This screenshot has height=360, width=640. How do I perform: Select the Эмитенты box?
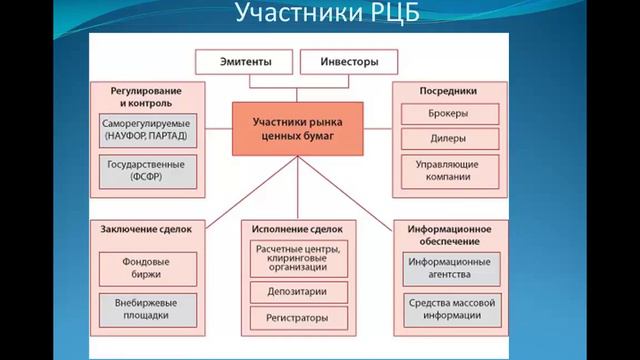pyautogui.click(x=244, y=61)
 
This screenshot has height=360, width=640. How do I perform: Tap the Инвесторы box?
pyautogui.click(x=348, y=61)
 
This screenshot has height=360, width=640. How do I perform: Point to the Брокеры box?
pyautogui.click(x=446, y=114)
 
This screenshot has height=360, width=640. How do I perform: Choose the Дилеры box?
pyautogui.click(x=446, y=140)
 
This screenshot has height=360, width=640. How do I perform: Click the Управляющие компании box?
pyautogui.click(x=446, y=170)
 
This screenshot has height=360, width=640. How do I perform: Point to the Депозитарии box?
pyautogui.click(x=297, y=292)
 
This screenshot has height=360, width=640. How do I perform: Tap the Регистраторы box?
pyautogui.click(x=297, y=319)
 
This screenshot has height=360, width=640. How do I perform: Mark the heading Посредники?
pyautogui.click(x=446, y=91)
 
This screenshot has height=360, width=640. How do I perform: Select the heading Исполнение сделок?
pyautogui.click(x=297, y=228)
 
